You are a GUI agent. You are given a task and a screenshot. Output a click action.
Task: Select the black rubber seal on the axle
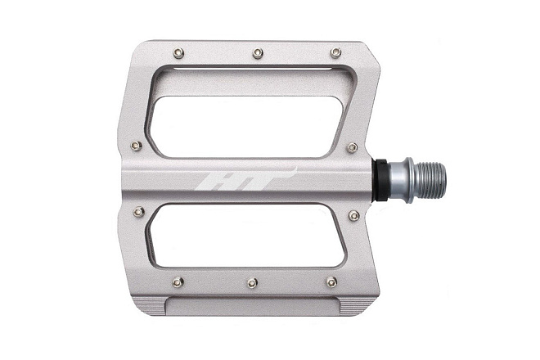(380, 180)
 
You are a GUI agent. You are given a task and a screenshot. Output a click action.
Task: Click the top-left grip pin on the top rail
(178, 53)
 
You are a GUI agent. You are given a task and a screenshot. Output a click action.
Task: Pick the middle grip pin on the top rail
(258, 53)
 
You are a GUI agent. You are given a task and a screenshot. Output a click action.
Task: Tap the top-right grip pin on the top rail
(335, 52)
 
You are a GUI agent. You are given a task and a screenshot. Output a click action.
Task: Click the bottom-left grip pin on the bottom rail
(178, 282)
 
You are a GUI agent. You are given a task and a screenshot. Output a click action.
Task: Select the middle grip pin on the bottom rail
(253, 283)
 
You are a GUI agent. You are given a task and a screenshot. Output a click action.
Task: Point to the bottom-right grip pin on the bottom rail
(331, 282)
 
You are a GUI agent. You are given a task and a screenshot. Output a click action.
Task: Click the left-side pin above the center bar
(137, 146)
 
